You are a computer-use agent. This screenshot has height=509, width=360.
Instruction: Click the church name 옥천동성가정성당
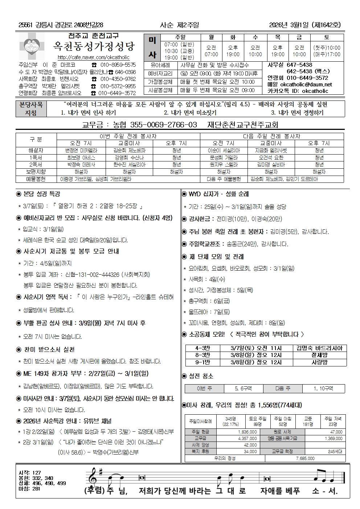(94, 46)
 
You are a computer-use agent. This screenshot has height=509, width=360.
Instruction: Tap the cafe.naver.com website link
(93, 57)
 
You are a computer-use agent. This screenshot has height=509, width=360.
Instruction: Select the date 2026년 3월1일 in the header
(289, 25)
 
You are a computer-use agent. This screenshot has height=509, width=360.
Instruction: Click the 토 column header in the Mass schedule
(327, 37)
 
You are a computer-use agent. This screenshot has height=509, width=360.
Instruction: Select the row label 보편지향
(36, 172)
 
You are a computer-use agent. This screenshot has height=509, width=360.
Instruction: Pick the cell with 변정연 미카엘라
(81, 150)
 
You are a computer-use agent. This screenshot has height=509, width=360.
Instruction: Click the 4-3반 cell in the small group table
(202, 348)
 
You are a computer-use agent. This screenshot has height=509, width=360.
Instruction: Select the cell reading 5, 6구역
(243, 389)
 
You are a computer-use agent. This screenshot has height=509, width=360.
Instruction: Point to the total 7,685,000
(305, 458)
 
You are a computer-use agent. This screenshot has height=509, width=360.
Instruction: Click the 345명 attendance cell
(230, 421)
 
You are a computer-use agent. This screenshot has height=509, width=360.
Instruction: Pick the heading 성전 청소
(201, 376)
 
